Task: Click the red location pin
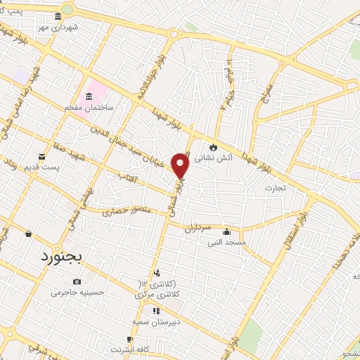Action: tap(181, 165)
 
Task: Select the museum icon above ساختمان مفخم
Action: tap(89, 96)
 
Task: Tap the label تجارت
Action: tap(273, 188)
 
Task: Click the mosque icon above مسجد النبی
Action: tap(226, 232)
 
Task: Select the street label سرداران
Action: tap(198, 228)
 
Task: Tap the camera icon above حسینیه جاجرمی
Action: tap(77, 282)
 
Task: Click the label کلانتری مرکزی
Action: tap(157, 293)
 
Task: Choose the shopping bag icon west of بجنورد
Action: tap(28, 234)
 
